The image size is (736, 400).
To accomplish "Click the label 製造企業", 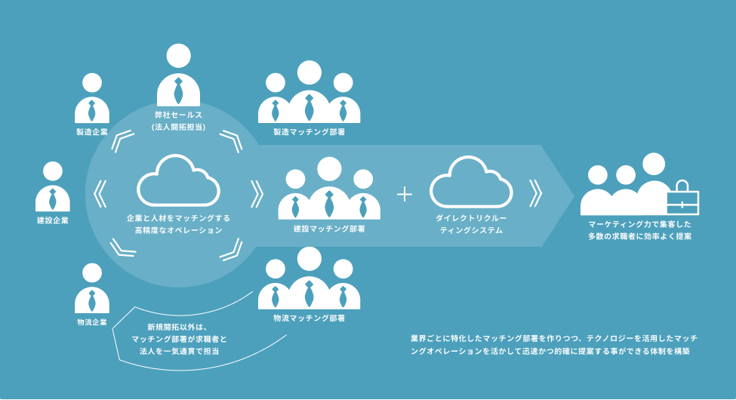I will [x=92, y=132].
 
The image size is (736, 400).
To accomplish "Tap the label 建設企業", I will [x=53, y=220].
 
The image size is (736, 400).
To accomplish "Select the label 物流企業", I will [x=92, y=322].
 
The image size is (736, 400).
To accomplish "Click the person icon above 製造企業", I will [x=92, y=98].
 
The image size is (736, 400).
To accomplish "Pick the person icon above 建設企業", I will [x=53, y=186].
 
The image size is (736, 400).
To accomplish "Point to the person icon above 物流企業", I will [x=92, y=288].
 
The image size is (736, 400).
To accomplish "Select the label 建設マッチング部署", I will [x=329, y=228].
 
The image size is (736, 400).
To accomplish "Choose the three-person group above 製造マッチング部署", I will [x=308, y=94].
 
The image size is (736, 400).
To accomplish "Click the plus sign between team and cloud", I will [x=405, y=194].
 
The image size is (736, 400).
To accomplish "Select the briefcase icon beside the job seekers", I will [x=682, y=198].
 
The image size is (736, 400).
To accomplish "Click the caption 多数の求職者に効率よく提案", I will [x=640, y=236].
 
